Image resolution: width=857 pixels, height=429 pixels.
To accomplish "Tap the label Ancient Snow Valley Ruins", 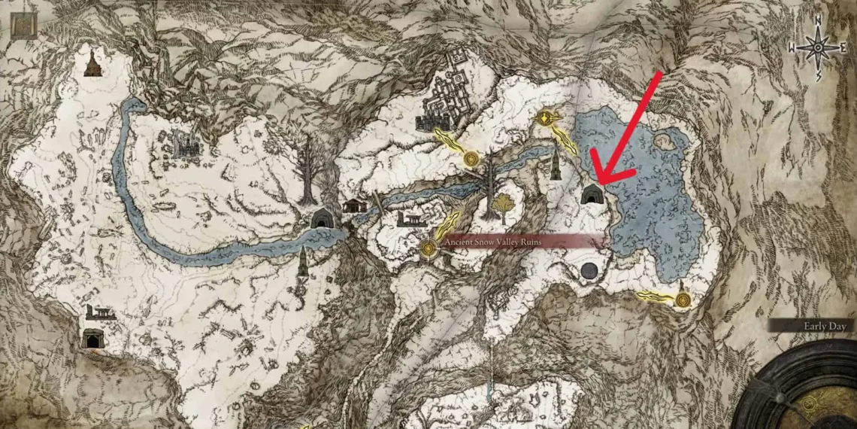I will pos(492,242).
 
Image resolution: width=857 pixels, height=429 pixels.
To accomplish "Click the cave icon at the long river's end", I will pos(323,218).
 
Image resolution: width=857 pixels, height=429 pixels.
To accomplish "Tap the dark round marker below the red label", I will pos(589,272).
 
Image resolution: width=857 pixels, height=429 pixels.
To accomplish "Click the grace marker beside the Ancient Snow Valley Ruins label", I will pos(429,246).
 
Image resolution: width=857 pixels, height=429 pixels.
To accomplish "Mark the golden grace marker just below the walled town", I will pos(471,158).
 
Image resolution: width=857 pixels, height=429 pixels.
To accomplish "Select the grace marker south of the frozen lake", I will pos(683,300).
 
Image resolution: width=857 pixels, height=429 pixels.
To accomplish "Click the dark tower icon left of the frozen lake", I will pos(556,163).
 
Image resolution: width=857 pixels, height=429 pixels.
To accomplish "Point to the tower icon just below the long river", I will pos(303,262).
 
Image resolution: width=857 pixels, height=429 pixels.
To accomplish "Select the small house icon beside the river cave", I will pos(354,205).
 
